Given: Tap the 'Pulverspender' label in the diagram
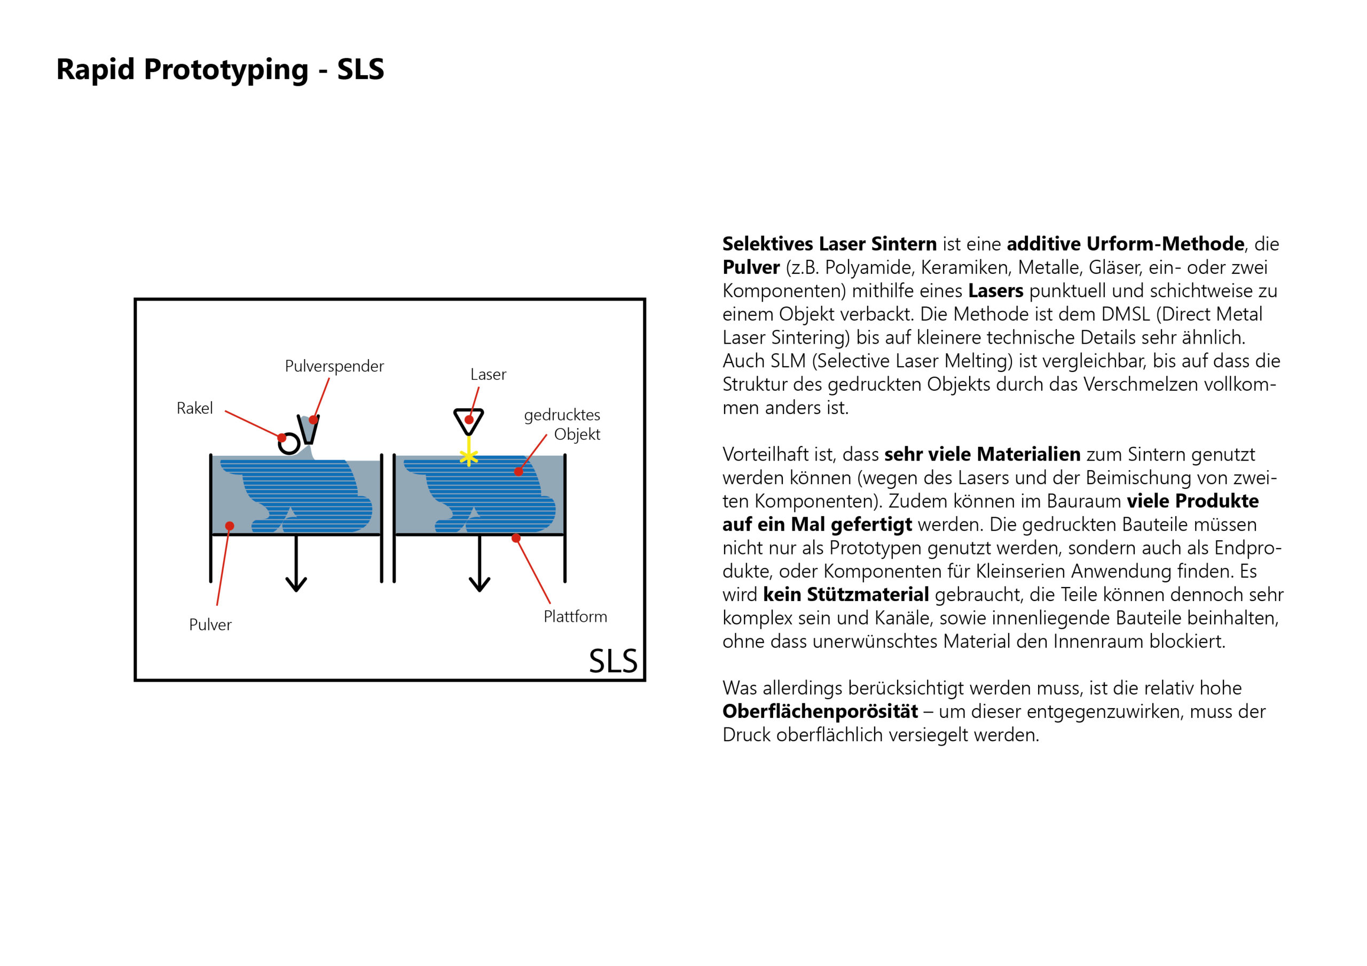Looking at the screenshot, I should (334, 366).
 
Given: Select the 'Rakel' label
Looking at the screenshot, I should (195, 408).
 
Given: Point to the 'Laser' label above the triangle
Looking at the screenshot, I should (488, 374).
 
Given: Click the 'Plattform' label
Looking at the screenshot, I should (575, 616).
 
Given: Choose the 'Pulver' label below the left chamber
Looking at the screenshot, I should (210, 625).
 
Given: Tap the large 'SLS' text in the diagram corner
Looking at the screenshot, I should (612, 661).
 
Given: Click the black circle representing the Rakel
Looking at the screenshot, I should (289, 444).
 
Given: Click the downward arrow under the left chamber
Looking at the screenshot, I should (296, 565).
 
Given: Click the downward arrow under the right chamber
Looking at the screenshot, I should (480, 565).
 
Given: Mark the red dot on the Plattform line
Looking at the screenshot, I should (516, 538).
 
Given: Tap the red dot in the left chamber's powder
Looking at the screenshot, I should (230, 526).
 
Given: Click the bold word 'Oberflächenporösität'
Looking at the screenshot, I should (820, 712).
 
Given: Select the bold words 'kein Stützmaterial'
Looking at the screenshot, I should (845, 595).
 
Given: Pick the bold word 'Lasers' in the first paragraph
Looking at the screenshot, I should (995, 291).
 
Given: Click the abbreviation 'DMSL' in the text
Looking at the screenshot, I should (1126, 314).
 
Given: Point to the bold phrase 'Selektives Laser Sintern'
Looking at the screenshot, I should (829, 244).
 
